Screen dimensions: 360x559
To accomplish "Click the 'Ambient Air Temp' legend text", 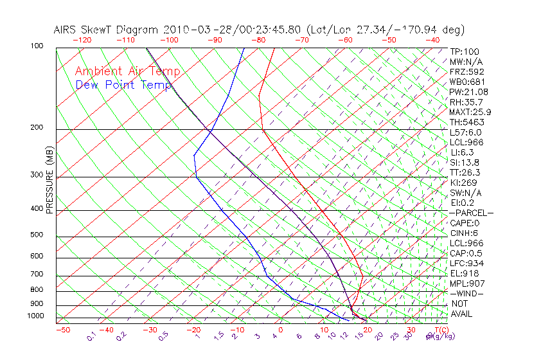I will (x=127, y=71).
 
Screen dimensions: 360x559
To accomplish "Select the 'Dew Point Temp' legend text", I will (x=123, y=85).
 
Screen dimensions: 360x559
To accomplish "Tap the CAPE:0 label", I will (x=465, y=223).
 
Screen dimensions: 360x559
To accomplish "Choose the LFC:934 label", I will (x=466, y=263).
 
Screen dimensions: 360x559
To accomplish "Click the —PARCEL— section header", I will (x=471, y=213).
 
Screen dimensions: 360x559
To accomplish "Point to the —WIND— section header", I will (x=466, y=293).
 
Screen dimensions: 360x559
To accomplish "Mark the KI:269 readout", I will (x=464, y=183).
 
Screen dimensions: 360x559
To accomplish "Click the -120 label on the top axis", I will (x=82, y=40).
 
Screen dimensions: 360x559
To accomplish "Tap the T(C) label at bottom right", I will (x=441, y=330).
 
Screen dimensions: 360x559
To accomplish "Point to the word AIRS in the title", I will (x=66, y=30).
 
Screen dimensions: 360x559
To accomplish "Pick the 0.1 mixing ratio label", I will (x=92, y=337).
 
